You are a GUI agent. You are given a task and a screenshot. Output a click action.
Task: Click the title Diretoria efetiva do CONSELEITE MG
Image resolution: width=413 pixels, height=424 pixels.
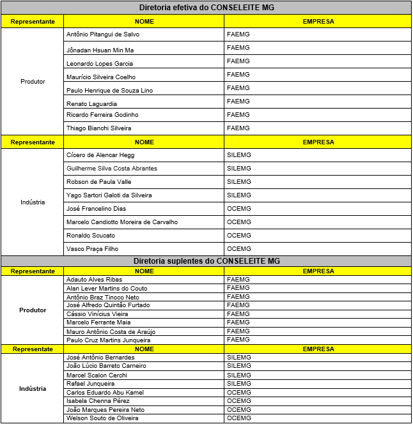pos(207,8)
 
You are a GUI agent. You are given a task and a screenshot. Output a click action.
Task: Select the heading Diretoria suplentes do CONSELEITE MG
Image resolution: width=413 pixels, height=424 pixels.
pos(207,261)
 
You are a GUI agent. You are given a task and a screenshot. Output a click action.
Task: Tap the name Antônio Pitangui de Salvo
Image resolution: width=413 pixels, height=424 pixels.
pos(103,34)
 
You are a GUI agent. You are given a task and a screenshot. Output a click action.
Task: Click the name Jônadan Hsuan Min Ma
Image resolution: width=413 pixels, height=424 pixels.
pos(100,50)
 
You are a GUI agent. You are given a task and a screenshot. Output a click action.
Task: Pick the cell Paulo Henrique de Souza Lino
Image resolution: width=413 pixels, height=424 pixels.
pos(110,91)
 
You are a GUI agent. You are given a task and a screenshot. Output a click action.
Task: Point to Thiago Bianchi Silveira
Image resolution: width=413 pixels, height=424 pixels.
pos(98,128)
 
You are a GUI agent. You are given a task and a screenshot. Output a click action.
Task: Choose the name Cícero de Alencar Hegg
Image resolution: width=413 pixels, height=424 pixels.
pos(100,155)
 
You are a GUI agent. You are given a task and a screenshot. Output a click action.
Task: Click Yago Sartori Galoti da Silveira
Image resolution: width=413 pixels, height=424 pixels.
pos(109,195)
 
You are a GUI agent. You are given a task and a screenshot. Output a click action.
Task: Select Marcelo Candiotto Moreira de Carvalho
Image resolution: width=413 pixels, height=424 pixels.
pos(122,222)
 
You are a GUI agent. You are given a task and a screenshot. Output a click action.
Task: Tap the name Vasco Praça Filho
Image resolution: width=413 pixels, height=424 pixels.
pos(92,249)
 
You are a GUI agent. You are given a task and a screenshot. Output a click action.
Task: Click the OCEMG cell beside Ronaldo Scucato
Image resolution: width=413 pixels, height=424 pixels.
pos(239,236)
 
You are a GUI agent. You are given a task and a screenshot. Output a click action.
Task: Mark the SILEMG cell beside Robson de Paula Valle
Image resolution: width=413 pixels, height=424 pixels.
pos(239,182)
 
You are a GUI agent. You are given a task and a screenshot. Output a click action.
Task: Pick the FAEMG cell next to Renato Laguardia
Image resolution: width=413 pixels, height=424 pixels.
pos(238,102)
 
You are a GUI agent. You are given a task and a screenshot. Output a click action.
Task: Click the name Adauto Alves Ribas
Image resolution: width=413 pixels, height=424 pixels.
pos(94,280)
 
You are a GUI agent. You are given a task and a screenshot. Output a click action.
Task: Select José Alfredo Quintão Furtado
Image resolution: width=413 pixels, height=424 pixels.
pos(108,305)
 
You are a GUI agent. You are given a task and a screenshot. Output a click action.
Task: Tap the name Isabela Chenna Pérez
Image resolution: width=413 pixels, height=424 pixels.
pos(97,401)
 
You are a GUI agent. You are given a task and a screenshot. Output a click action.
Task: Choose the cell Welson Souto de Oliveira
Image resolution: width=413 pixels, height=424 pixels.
pos(102,418)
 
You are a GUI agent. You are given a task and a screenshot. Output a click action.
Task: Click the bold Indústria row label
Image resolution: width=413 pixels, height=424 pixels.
pos(33,388)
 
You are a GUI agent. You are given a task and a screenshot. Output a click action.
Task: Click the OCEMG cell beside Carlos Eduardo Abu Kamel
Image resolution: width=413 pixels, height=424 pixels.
pos(239,392)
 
